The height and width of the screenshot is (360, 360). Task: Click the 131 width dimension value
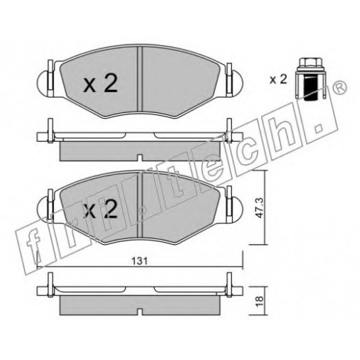(x=140, y=261)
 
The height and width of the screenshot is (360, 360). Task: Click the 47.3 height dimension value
(x=259, y=208)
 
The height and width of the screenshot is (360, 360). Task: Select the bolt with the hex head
(x=311, y=80)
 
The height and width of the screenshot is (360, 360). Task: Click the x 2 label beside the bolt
(x=278, y=79)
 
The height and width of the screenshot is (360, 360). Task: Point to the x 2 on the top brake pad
(x=101, y=84)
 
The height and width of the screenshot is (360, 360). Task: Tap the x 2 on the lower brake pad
(x=101, y=209)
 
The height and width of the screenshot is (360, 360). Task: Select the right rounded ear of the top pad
(x=238, y=83)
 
